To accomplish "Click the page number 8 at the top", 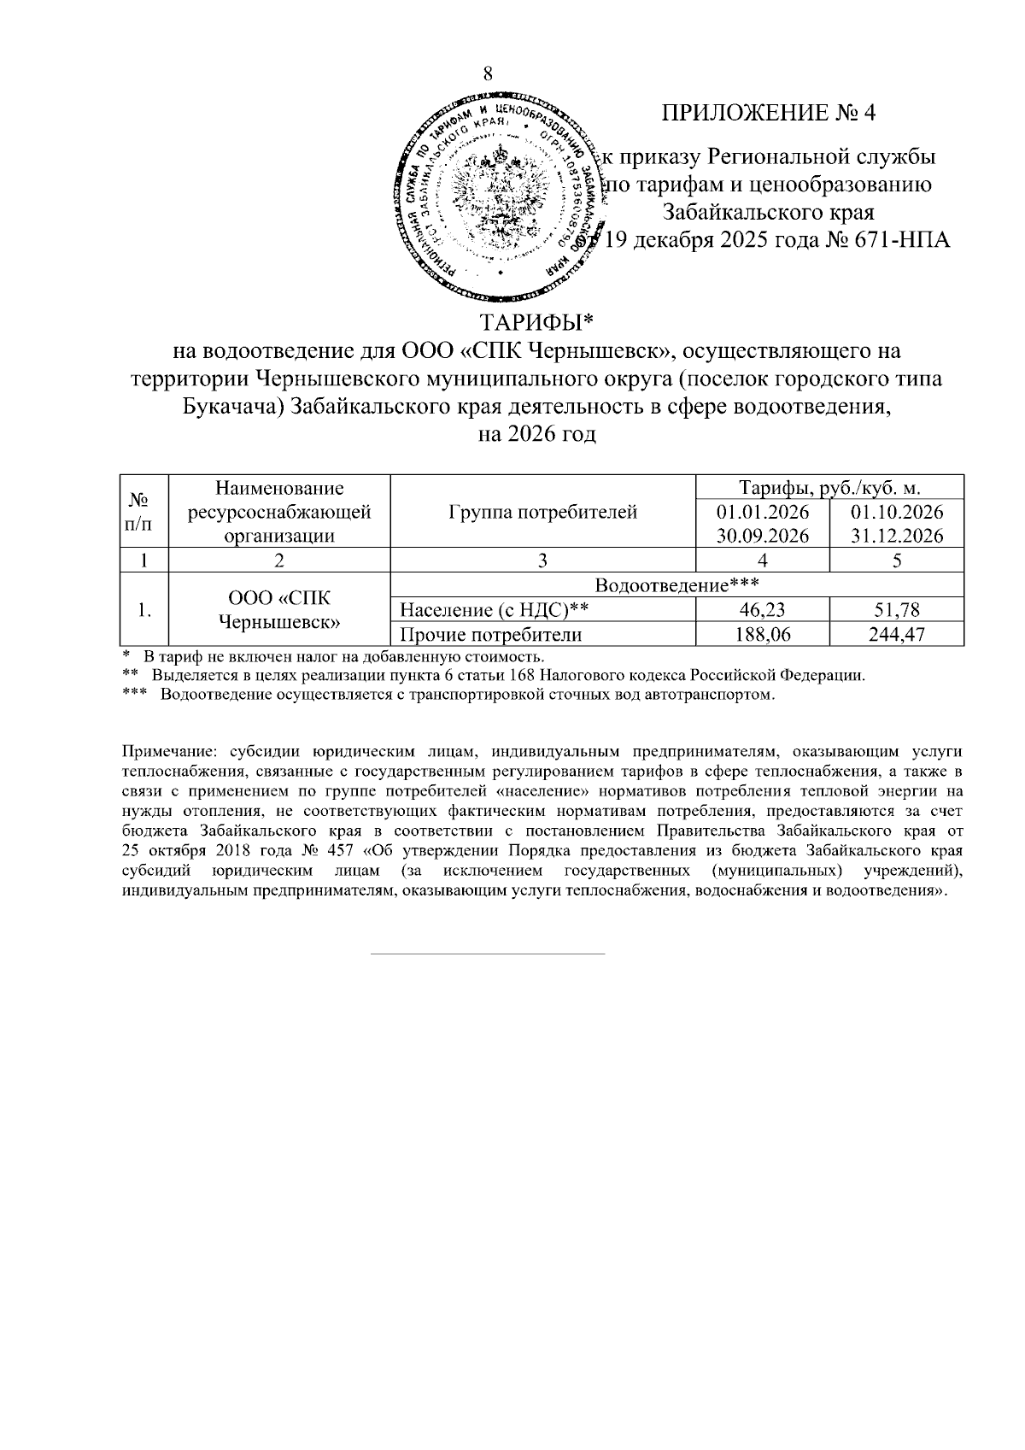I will coord(488,73).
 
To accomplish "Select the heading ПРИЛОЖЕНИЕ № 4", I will coord(769,113).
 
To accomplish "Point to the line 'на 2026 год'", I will coord(536,434).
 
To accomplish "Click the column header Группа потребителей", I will coord(542,512).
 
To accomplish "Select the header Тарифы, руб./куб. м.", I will coord(830,488).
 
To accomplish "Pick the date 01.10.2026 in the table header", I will coord(897,512).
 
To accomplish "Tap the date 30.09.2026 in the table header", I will coord(763,536).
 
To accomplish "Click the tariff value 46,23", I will coord(763,610).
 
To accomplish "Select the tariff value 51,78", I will coord(897,610).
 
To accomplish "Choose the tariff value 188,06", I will coord(763,634).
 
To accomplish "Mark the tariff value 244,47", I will coord(897,634).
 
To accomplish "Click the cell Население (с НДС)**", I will coord(495,610).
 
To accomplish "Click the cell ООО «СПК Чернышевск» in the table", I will coord(279,609).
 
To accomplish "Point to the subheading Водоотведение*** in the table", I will coord(676,586).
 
